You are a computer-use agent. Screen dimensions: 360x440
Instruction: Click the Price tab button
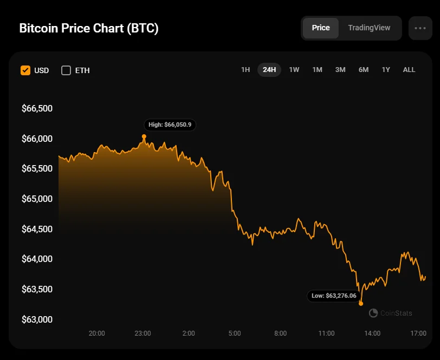(321, 28)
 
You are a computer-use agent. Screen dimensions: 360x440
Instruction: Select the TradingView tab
(369, 28)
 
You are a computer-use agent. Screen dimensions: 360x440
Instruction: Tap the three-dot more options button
(420, 28)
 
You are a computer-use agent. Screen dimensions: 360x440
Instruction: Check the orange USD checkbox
(25, 70)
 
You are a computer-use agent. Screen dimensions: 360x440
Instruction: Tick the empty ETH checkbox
(66, 70)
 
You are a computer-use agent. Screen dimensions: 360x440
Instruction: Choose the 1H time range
(245, 70)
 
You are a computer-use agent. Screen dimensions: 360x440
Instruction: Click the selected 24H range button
(269, 70)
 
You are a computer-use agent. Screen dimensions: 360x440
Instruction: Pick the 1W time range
(294, 70)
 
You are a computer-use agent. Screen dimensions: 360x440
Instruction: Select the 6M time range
(363, 70)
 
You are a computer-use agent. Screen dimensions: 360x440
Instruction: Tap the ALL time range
(409, 70)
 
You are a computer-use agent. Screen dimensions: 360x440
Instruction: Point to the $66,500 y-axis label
(37, 109)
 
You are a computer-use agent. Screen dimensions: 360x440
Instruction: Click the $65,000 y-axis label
(37, 199)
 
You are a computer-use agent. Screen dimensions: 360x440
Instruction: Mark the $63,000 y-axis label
(37, 319)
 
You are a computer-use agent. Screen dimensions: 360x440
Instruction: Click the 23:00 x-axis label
(143, 333)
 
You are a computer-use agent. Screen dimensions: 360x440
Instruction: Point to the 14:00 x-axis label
(372, 333)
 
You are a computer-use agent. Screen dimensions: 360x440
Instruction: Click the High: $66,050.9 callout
(170, 125)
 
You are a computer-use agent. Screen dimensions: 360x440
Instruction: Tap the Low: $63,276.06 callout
(334, 296)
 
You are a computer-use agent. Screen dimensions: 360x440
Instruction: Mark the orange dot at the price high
(144, 136)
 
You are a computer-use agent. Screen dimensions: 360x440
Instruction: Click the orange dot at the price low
(361, 304)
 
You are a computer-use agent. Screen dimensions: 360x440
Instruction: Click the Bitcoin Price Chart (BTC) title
(89, 28)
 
